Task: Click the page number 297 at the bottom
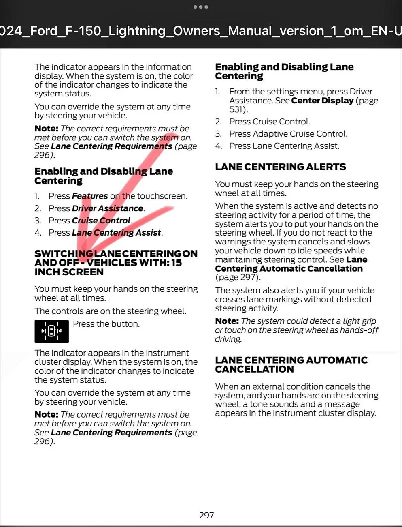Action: coord(206,515)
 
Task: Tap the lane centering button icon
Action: coord(51,331)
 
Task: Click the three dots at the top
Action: coord(201,7)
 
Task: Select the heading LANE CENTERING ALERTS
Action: coord(281,167)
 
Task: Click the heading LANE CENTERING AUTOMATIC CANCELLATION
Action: coord(291,364)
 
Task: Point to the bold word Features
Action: coord(90,196)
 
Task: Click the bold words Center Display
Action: coord(322,101)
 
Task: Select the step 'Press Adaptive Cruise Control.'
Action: coord(288,134)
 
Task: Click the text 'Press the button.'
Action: coord(106,324)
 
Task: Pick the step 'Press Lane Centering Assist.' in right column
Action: coord(284,146)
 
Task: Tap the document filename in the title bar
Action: coord(201,31)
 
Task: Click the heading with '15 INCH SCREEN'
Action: coord(116,263)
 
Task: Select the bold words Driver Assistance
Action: coord(107,208)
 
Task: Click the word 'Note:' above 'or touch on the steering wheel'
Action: coord(227,321)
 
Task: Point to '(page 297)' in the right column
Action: coord(238,277)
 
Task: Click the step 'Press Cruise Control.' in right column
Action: coord(270,122)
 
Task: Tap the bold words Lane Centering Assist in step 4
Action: coord(117,233)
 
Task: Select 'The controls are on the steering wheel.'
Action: coord(111,311)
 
